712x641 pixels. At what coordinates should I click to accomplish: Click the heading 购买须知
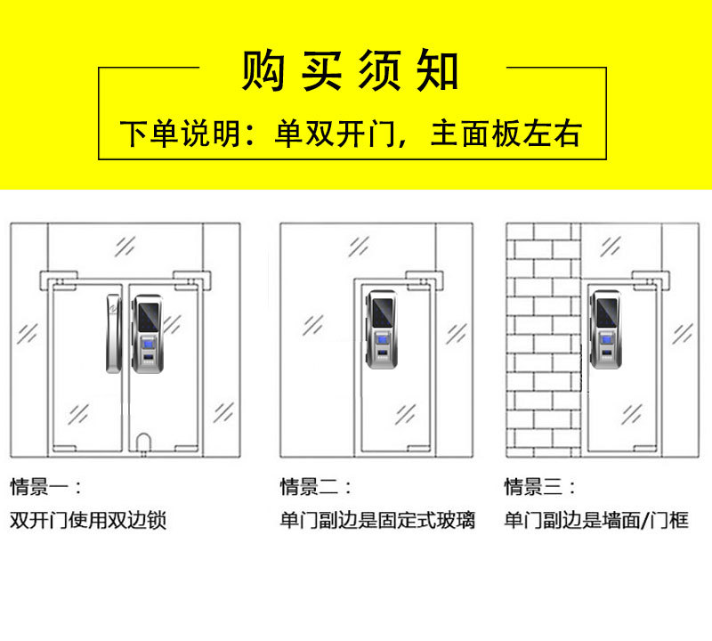tap(350, 70)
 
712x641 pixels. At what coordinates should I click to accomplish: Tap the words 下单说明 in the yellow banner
tap(181, 134)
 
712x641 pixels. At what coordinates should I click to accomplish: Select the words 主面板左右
tap(506, 134)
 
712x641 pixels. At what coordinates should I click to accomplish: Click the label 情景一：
tap(45, 487)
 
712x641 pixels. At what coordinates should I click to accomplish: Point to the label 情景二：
tap(316, 487)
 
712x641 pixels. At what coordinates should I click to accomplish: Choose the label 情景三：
tap(540, 487)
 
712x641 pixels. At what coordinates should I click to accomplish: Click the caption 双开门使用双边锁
tap(88, 520)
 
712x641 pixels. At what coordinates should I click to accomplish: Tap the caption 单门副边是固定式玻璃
tap(377, 520)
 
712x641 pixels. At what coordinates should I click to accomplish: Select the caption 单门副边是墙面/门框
tap(596, 520)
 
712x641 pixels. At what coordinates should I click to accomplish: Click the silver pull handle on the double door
tap(114, 334)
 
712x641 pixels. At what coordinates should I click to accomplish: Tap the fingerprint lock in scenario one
tap(148, 334)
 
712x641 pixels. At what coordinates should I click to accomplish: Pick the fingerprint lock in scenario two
tap(382, 329)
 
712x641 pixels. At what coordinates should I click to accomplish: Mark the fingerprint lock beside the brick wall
tap(606, 329)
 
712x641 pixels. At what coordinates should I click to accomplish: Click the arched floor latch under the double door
tap(143, 442)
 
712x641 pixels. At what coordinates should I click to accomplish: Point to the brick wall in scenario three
tap(544, 340)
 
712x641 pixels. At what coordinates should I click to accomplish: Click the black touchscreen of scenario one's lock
tap(150, 318)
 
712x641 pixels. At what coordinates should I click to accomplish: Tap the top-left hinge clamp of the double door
tap(59, 280)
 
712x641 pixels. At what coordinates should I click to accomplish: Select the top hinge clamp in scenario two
tap(425, 280)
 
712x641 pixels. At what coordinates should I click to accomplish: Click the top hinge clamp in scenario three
tap(651, 280)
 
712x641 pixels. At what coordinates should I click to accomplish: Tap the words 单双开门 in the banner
tap(336, 134)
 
